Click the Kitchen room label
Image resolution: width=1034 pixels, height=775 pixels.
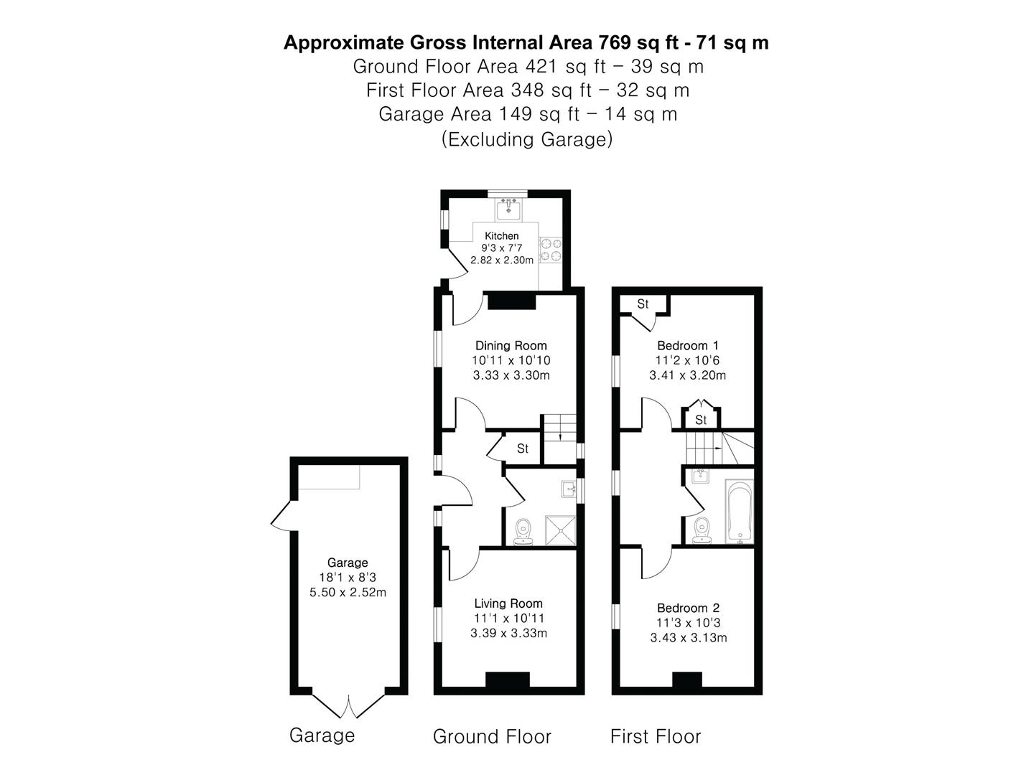tap(501, 236)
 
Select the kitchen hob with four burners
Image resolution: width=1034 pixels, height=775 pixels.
tap(551, 249)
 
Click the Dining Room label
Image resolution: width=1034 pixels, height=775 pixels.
tap(511, 345)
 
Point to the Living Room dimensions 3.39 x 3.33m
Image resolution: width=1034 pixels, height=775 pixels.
tap(508, 633)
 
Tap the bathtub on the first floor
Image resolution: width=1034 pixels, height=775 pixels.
tap(739, 511)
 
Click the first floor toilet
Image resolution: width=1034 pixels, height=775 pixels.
tap(702, 530)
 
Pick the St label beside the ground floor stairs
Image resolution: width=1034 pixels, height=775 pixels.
tap(523, 448)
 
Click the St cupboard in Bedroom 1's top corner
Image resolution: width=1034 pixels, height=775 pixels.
tap(643, 304)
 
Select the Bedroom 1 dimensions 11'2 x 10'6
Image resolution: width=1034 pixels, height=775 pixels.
tap(687, 360)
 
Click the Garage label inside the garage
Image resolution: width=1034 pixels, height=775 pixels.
tap(348, 563)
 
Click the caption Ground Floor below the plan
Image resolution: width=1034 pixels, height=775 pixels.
tap(492, 736)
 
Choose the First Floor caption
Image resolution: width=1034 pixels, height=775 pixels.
tap(656, 736)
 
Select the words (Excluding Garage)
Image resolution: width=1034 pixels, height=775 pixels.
tap(527, 138)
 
